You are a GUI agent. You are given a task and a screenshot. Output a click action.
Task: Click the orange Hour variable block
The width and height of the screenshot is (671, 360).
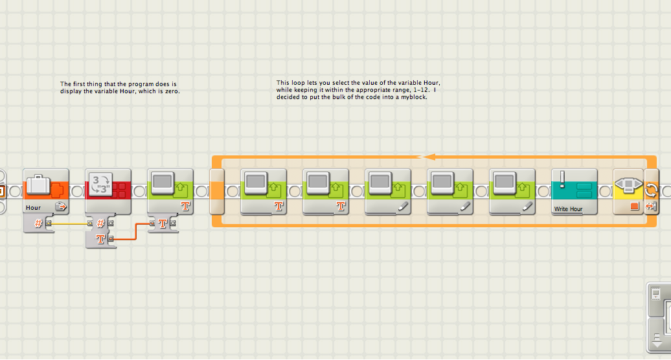pos(45,191)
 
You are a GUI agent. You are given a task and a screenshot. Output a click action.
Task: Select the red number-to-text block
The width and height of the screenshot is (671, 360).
pos(108,191)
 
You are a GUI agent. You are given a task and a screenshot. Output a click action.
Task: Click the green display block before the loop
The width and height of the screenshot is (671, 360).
pos(170,191)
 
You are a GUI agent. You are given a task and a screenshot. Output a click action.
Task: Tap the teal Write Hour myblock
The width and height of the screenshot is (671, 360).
pos(574,192)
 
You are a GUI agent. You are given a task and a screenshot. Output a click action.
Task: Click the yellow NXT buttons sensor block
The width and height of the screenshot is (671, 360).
pos(628,191)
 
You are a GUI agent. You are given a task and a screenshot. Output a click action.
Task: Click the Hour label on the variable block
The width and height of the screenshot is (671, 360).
pos(33,208)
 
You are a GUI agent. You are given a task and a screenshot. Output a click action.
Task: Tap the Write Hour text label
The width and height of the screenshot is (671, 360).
pos(568,209)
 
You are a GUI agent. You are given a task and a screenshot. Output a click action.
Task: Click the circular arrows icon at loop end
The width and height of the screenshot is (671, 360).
pos(651,190)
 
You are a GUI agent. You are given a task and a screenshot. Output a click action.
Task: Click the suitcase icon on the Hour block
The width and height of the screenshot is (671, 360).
pos(38,183)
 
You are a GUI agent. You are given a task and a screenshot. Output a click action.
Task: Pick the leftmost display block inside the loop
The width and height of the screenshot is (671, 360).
pos(264,191)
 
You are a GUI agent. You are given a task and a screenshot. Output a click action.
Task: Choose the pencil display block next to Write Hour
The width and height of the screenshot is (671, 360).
pos(512,191)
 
